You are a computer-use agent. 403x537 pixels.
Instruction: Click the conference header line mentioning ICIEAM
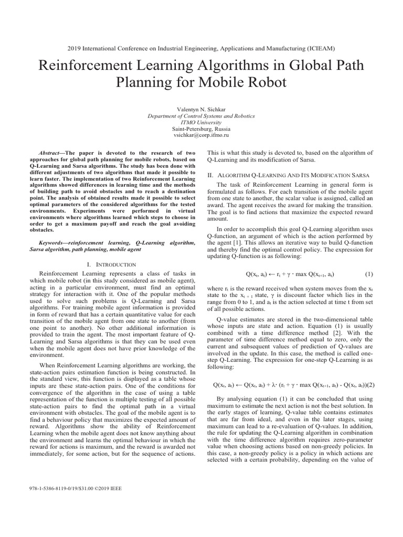201,48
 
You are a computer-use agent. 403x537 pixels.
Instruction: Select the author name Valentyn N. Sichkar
201,108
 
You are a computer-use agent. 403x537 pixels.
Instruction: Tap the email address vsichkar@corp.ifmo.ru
201,135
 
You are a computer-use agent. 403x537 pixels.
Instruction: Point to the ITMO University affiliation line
201,121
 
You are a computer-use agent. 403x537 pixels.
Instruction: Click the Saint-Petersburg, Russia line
201,128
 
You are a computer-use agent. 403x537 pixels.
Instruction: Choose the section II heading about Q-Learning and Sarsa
289,174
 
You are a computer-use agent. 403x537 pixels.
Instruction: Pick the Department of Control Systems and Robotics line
201,114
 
